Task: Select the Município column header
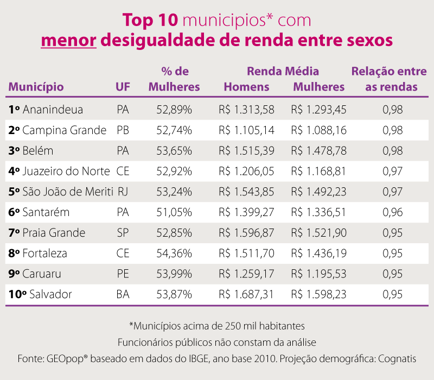(x=36, y=87)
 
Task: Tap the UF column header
(x=123, y=87)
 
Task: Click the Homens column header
(x=246, y=87)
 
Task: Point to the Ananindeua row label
(x=53, y=110)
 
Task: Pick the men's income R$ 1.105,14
(x=246, y=130)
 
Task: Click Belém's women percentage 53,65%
(x=174, y=151)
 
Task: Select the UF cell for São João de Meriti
(x=123, y=192)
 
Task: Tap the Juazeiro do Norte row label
(x=66, y=172)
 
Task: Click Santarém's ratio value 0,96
(x=392, y=212)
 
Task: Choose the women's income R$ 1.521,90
(x=318, y=233)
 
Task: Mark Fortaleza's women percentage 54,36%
(x=174, y=254)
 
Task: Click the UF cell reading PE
(x=123, y=274)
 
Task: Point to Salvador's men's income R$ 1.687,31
(x=246, y=295)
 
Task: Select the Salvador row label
(x=47, y=295)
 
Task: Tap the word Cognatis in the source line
(x=397, y=359)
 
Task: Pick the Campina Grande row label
(x=64, y=130)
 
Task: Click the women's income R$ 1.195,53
(x=318, y=274)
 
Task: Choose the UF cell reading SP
(x=123, y=233)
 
